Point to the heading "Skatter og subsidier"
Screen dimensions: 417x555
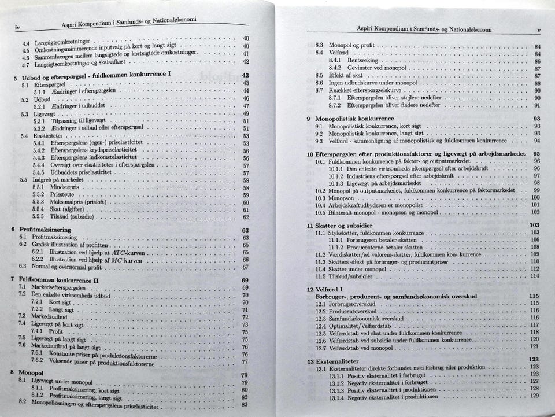(x=344, y=225)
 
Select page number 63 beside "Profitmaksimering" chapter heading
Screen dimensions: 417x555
(x=245, y=230)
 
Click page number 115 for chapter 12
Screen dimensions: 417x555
(x=534, y=296)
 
